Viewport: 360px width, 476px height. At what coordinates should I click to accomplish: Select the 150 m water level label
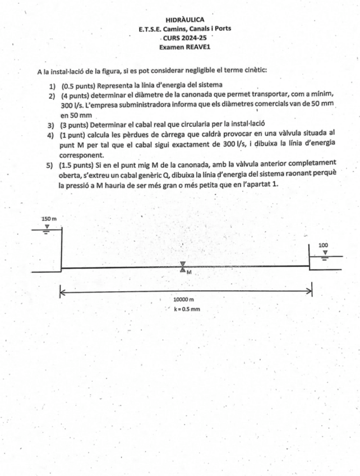[x=49, y=218]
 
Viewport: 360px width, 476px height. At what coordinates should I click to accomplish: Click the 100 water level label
[x=323, y=245]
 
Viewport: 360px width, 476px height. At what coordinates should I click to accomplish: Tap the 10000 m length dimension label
[x=183, y=300]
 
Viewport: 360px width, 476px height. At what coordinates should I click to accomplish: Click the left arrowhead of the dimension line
[x=63, y=291]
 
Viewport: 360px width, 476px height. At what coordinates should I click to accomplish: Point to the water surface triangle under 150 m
[x=47, y=226]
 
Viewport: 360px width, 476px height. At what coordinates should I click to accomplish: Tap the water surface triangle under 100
[x=325, y=253]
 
